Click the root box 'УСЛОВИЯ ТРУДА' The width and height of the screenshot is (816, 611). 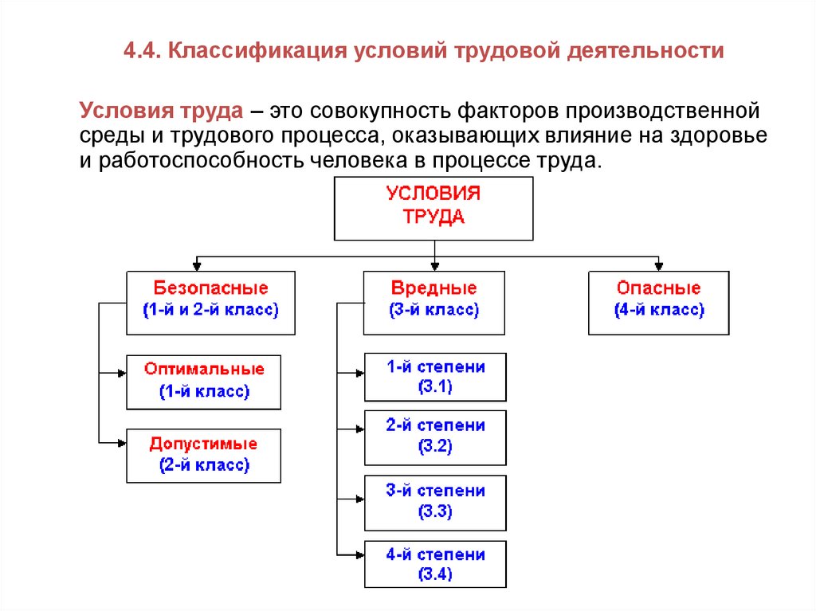433,208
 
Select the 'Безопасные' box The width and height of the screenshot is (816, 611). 210,303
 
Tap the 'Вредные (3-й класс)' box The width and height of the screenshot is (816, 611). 433,303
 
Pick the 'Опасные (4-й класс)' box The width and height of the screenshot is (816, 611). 658,303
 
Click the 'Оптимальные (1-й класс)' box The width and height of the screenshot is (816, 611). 203,382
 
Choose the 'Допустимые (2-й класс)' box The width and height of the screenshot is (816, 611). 203,455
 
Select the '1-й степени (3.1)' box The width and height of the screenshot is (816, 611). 435,377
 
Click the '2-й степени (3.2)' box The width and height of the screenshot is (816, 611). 435,437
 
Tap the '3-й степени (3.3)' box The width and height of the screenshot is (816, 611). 435,503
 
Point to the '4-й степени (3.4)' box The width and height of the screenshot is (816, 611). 435,564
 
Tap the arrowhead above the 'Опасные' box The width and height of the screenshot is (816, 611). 658,266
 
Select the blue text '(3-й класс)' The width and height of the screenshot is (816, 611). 433,311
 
